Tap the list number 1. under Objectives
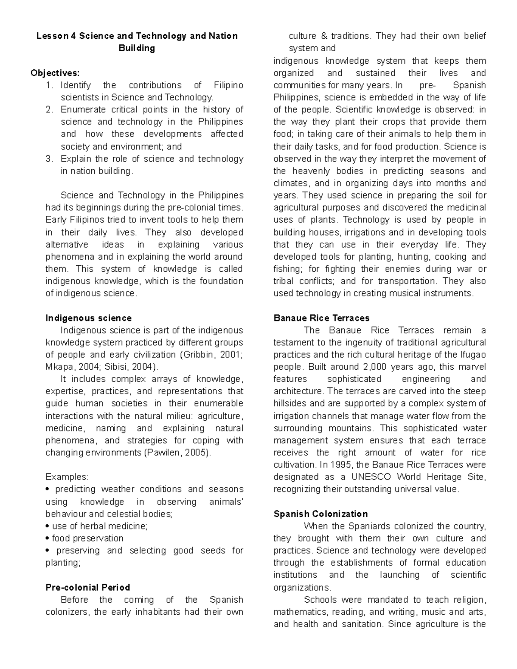click(49, 85)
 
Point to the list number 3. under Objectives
click(49, 159)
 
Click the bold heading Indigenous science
click(88, 318)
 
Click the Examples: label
click(67, 477)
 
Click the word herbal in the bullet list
click(93, 526)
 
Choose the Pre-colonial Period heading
click(87, 587)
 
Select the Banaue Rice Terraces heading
click(321, 318)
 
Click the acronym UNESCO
click(371, 477)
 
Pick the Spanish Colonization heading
click(321, 513)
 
